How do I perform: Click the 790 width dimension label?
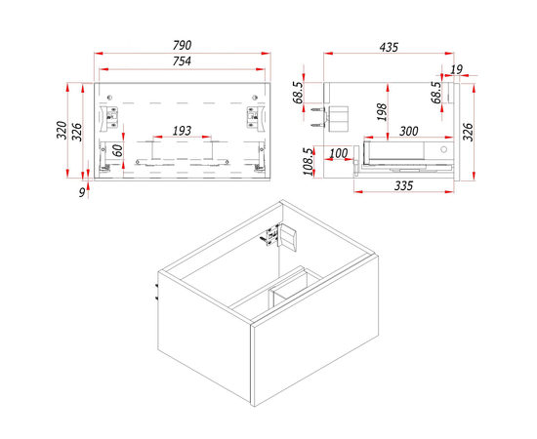(x=183, y=45)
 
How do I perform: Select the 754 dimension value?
(x=182, y=61)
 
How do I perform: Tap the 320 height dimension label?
(x=62, y=130)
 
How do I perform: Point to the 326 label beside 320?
(x=77, y=132)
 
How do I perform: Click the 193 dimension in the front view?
(x=182, y=131)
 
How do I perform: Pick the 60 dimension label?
(x=118, y=150)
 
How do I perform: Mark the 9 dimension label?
(x=82, y=192)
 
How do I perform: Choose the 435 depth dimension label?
(x=389, y=47)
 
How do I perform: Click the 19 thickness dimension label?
(x=456, y=69)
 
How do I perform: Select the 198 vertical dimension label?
(x=382, y=112)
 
